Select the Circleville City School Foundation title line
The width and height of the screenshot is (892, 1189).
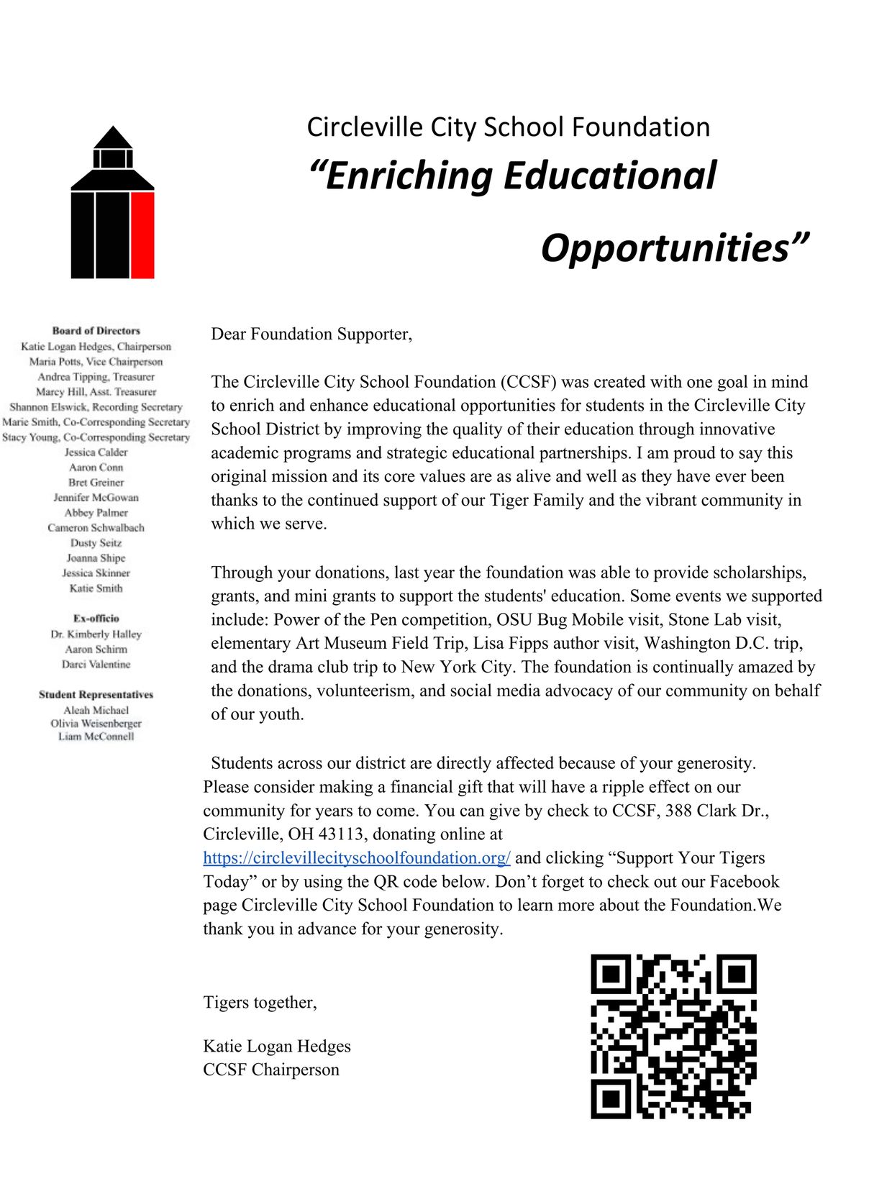(508, 127)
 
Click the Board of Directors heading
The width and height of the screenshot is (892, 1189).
(96, 331)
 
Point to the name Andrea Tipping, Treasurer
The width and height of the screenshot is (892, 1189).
(96, 377)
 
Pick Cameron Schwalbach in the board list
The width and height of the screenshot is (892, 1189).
(96, 528)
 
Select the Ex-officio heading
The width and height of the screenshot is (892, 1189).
(96, 619)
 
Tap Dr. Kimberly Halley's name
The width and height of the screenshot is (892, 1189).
(96, 634)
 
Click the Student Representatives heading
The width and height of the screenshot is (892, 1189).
(96, 695)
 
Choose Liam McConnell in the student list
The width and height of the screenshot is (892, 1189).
(96, 737)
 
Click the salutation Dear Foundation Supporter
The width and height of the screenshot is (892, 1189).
(311, 334)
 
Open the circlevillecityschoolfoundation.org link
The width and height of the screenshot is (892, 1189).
(357, 858)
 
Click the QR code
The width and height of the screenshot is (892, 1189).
(673, 1037)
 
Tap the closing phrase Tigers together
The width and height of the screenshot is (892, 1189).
(260, 1003)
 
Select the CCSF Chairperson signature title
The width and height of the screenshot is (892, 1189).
(271, 1070)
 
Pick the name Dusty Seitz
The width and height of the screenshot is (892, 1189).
(96, 543)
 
